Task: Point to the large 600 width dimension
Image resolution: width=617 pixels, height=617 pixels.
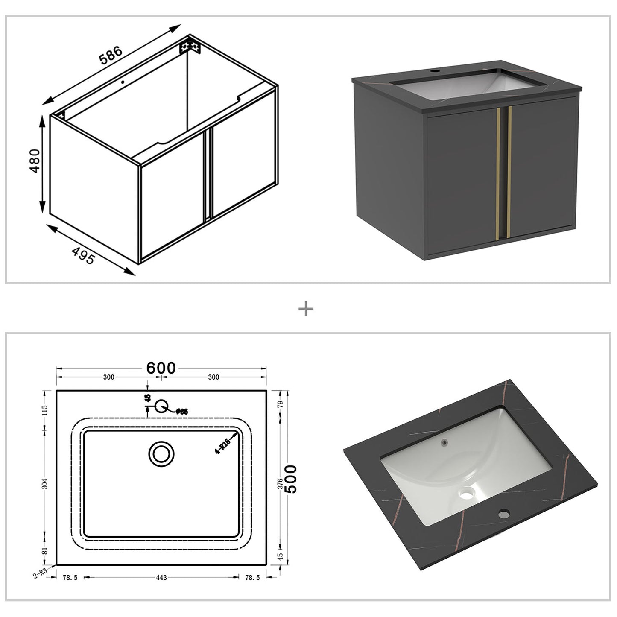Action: click(x=161, y=368)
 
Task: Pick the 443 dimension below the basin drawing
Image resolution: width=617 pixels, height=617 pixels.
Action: click(x=161, y=578)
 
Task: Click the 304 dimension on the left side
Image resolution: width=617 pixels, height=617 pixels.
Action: click(x=45, y=483)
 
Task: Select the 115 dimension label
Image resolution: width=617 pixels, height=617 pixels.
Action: click(x=45, y=410)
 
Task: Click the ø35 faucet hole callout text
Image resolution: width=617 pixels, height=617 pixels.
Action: click(x=182, y=412)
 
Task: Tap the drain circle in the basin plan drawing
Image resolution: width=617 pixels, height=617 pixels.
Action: click(x=161, y=453)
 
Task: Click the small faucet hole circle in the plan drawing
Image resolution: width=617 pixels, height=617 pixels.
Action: click(x=161, y=406)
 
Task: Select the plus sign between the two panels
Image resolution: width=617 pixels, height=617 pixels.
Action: click(x=306, y=309)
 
